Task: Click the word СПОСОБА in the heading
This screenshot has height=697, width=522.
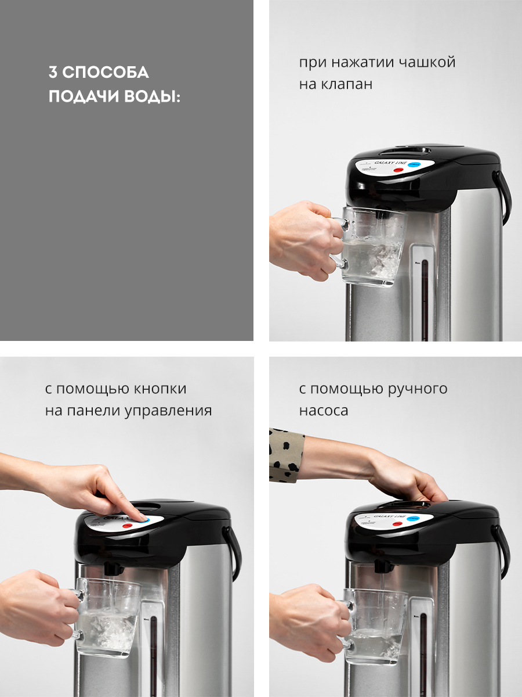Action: tap(106, 73)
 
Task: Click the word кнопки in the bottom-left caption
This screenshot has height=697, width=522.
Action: tap(160, 389)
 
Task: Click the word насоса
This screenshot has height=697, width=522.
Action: tap(324, 411)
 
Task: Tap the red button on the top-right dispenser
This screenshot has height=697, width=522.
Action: tap(398, 171)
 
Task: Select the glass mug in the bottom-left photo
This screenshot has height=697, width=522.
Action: tap(107, 616)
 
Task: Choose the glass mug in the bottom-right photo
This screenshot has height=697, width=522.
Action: tap(374, 624)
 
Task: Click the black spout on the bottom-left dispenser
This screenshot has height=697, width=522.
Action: tap(113, 567)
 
